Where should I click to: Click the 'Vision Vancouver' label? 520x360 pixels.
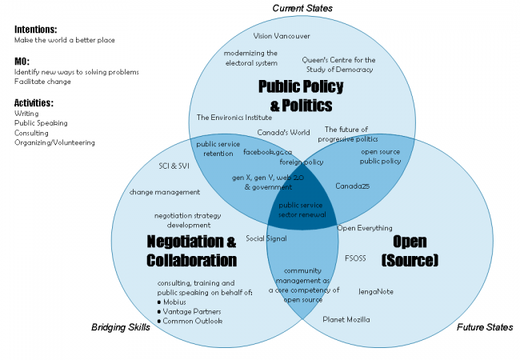click(x=282, y=36)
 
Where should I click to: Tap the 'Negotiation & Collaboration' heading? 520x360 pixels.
click(x=191, y=250)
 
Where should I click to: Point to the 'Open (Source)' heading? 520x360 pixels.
click(x=410, y=250)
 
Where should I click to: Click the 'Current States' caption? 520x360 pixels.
click(x=302, y=8)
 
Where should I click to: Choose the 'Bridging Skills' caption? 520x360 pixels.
click(x=121, y=327)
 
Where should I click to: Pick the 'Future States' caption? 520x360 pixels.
click(x=485, y=327)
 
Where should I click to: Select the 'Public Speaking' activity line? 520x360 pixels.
click(x=41, y=123)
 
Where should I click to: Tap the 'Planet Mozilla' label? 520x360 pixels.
click(x=346, y=319)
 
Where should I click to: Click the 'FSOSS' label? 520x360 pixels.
click(x=356, y=258)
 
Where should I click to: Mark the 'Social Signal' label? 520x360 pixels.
click(x=266, y=238)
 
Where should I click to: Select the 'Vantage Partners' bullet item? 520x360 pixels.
click(x=193, y=311)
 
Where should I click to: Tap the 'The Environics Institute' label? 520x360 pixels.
click(x=234, y=117)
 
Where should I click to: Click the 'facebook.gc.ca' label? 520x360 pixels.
click(x=268, y=151)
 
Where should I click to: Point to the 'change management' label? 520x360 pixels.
click(x=165, y=192)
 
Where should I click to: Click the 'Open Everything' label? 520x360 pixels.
click(x=365, y=228)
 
